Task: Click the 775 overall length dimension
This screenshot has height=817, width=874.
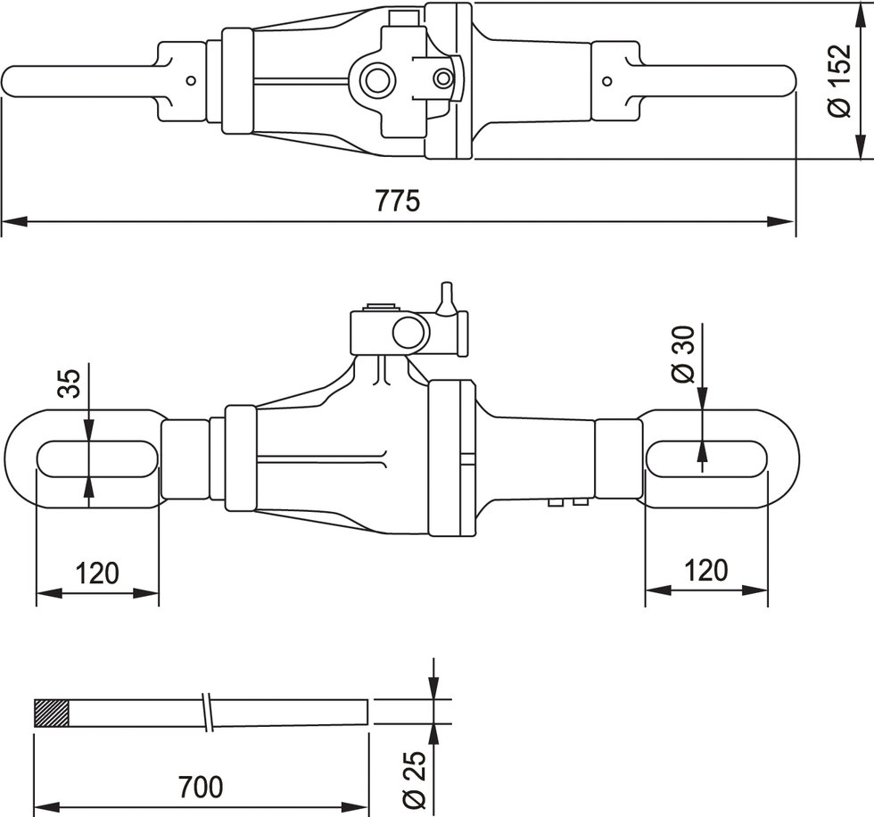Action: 398,202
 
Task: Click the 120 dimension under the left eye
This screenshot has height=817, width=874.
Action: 97,572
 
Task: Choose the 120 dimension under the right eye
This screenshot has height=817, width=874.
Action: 706,570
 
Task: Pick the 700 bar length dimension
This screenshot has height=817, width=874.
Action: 200,788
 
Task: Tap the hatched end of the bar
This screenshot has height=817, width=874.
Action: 51,713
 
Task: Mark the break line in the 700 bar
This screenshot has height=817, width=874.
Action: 208,713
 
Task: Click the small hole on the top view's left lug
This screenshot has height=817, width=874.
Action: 190,80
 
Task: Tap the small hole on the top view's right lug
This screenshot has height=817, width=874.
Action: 606,81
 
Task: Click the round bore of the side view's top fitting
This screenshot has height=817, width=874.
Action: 410,333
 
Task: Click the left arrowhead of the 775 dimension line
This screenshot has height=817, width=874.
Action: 11,220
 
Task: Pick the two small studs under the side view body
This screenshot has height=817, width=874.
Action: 569,502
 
